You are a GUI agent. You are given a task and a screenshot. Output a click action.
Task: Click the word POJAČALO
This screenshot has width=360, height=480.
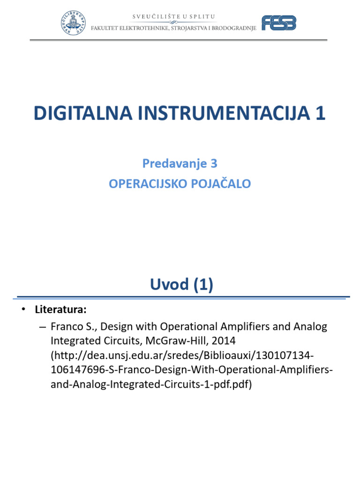pos(221,184)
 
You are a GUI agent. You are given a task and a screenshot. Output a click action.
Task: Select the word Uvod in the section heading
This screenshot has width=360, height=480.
pos(168,285)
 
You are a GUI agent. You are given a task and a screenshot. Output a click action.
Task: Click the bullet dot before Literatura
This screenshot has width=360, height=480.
pos(22,310)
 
